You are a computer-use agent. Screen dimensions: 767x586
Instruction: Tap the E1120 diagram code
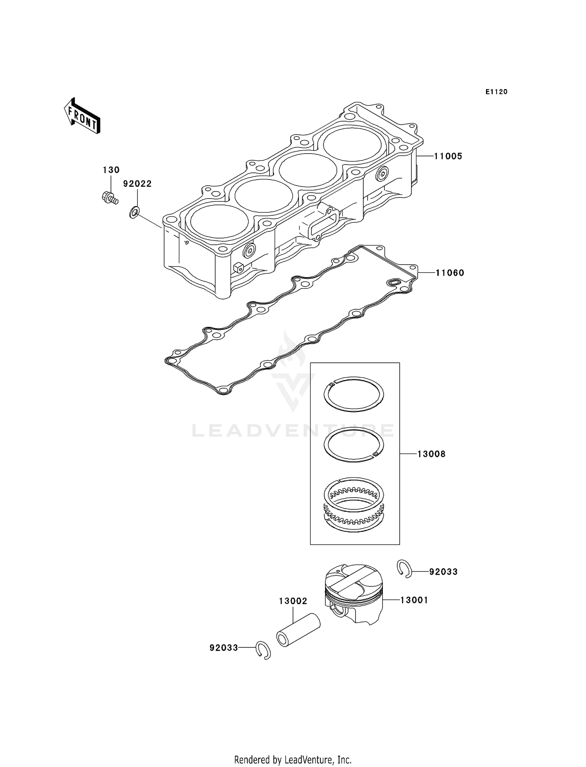(x=496, y=92)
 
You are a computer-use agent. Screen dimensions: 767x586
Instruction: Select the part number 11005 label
(x=448, y=156)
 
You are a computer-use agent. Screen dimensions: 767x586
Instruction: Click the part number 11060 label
(x=450, y=273)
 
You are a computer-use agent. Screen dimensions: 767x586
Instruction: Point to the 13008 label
(x=431, y=454)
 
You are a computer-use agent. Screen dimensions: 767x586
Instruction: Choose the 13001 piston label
(x=414, y=600)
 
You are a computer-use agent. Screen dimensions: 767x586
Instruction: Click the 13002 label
(x=293, y=601)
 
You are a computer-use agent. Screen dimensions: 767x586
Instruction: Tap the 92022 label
(x=137, y=184)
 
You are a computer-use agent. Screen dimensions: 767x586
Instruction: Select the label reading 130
(x=111, y=170)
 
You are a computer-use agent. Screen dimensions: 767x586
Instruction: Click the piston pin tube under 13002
(x=298, y=631)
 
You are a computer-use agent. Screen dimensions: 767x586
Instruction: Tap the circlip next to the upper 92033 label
(x=404, y=568)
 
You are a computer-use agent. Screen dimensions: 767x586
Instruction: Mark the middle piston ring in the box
(x=354, y=445)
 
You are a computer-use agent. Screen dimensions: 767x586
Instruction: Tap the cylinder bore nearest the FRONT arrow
(x=218, y=222)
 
